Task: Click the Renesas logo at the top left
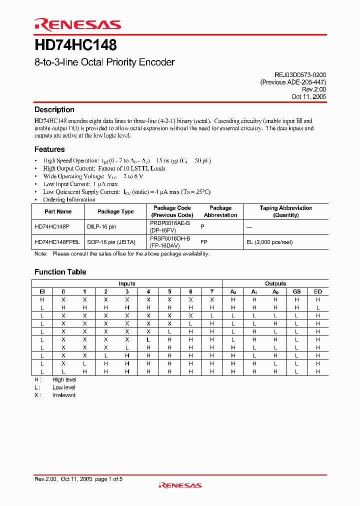point(77,24)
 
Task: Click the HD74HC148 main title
point(75,45)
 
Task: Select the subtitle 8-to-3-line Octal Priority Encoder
point(104,62)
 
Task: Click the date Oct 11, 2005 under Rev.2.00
point(308,96)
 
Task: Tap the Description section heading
point(54,109)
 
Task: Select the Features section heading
point(49,149)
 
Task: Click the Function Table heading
point(60,272)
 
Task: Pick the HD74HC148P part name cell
point(53,226)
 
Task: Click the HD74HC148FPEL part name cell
point(57,242)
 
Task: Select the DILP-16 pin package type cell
point(101,226)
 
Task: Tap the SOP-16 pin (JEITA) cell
point(111,242)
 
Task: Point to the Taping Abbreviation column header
point(286,211)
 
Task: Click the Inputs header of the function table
point(127,283)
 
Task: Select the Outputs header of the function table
point(275,283)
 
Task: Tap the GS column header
point(296,291)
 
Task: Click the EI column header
point(42,291)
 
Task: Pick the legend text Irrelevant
point(64,395)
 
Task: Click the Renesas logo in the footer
point(180,485)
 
